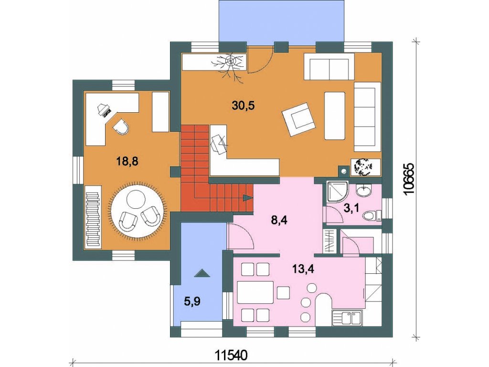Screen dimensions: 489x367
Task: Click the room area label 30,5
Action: coord(243,106)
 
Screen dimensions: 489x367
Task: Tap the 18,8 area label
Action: coord(127,162)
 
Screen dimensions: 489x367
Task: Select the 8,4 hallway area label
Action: coord(279,220)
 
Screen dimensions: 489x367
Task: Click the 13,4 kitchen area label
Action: coord(303,269)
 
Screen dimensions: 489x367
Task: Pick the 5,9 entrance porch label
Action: coord(191,302)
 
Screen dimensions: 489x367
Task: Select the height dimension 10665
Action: coord(409,179)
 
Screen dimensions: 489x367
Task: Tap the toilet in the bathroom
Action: coord(370,216)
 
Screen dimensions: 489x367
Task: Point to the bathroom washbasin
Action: coord(363,190)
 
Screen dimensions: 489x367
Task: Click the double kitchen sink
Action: coord(347,318)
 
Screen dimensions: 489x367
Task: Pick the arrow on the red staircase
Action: coord(248,197)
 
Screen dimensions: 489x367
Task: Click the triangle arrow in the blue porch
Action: coord(202,273)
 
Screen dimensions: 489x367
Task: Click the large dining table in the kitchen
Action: coord(255,292)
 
